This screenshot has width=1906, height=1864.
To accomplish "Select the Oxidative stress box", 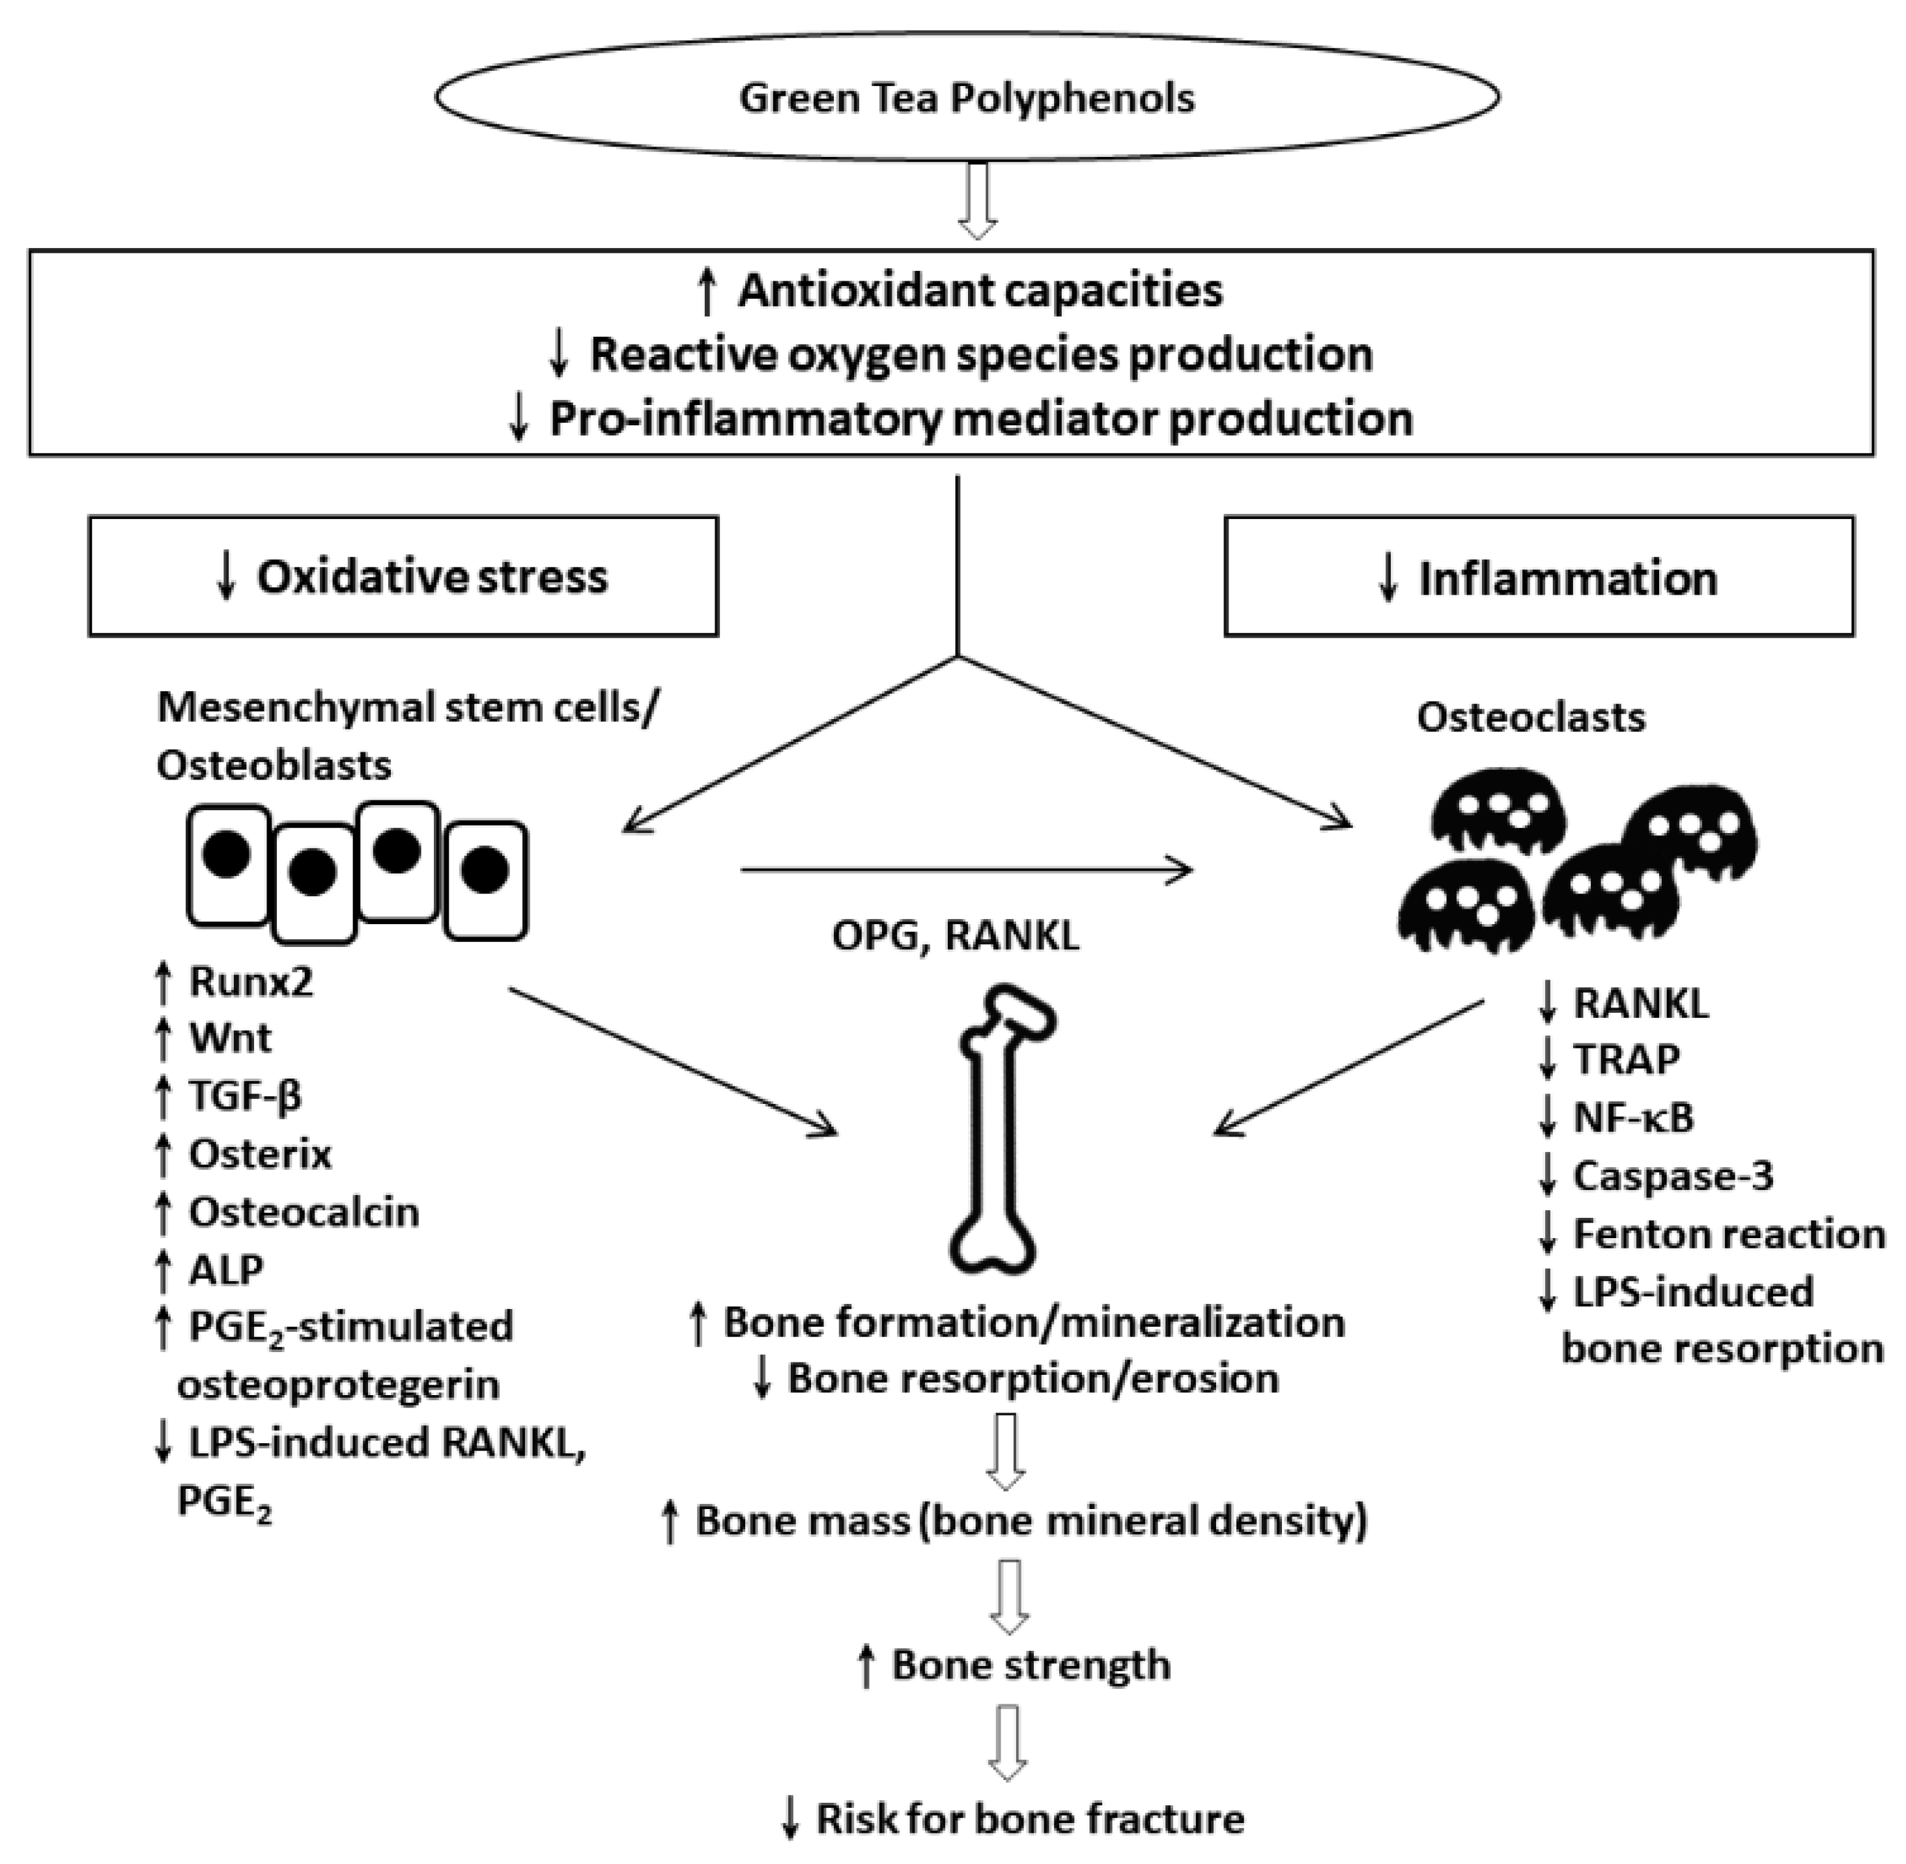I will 403,576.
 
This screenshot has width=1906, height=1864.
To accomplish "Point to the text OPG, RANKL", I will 956,936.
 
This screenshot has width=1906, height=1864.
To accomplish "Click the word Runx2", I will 251,981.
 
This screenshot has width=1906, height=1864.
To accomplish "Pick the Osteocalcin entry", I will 304,1212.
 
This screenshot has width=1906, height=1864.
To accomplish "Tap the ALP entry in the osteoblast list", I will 226,1270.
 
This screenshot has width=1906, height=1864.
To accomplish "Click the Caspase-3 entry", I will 1672,1176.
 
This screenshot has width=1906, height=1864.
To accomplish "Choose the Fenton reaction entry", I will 1728,1234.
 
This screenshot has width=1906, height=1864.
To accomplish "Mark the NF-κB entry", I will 1633,1117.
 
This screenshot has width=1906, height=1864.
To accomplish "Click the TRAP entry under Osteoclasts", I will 1626,1059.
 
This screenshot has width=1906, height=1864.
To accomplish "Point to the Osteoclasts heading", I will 1530,718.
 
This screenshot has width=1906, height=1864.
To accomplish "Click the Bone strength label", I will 1030,1664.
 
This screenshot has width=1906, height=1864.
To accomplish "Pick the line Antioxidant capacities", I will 980,290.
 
